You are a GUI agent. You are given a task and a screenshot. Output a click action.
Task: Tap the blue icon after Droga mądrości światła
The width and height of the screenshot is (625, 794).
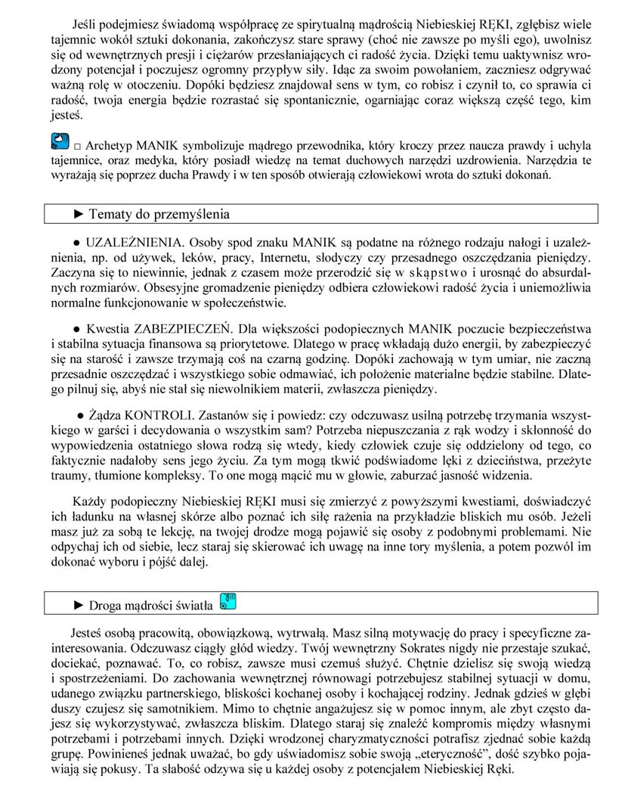tap(227, 601)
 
